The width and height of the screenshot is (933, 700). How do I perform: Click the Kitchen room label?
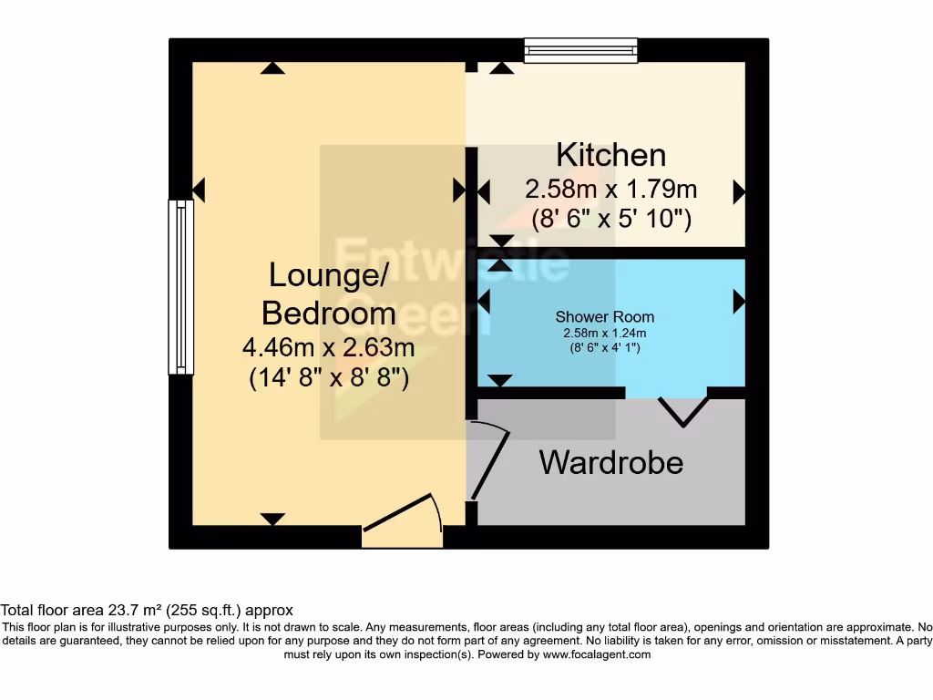(610, 155)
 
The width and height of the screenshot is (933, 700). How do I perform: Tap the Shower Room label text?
(604, 317)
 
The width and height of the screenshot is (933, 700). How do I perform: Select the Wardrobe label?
(610, 462)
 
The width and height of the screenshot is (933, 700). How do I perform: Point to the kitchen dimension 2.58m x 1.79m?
(610, 190)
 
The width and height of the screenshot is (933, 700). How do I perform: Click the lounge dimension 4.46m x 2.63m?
(328, 347)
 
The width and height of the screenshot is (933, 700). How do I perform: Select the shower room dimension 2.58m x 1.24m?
(604, 333)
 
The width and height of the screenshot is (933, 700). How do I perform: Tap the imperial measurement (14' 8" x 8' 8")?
(328, 377)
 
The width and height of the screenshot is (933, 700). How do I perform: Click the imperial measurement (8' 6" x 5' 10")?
(610, 219)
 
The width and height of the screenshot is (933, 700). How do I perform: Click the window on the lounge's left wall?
(181, 287)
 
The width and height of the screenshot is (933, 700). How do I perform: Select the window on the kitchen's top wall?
(580, 50)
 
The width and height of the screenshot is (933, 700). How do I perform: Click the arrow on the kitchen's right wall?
(739, 192)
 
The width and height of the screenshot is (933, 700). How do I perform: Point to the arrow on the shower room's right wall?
(739, 301)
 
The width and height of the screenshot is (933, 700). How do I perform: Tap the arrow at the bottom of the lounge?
(272, 520)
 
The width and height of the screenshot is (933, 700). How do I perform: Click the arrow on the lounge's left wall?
(200, 190)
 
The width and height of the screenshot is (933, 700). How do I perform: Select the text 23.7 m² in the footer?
(130, 611)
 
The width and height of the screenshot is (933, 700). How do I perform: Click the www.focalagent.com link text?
(597, 654)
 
